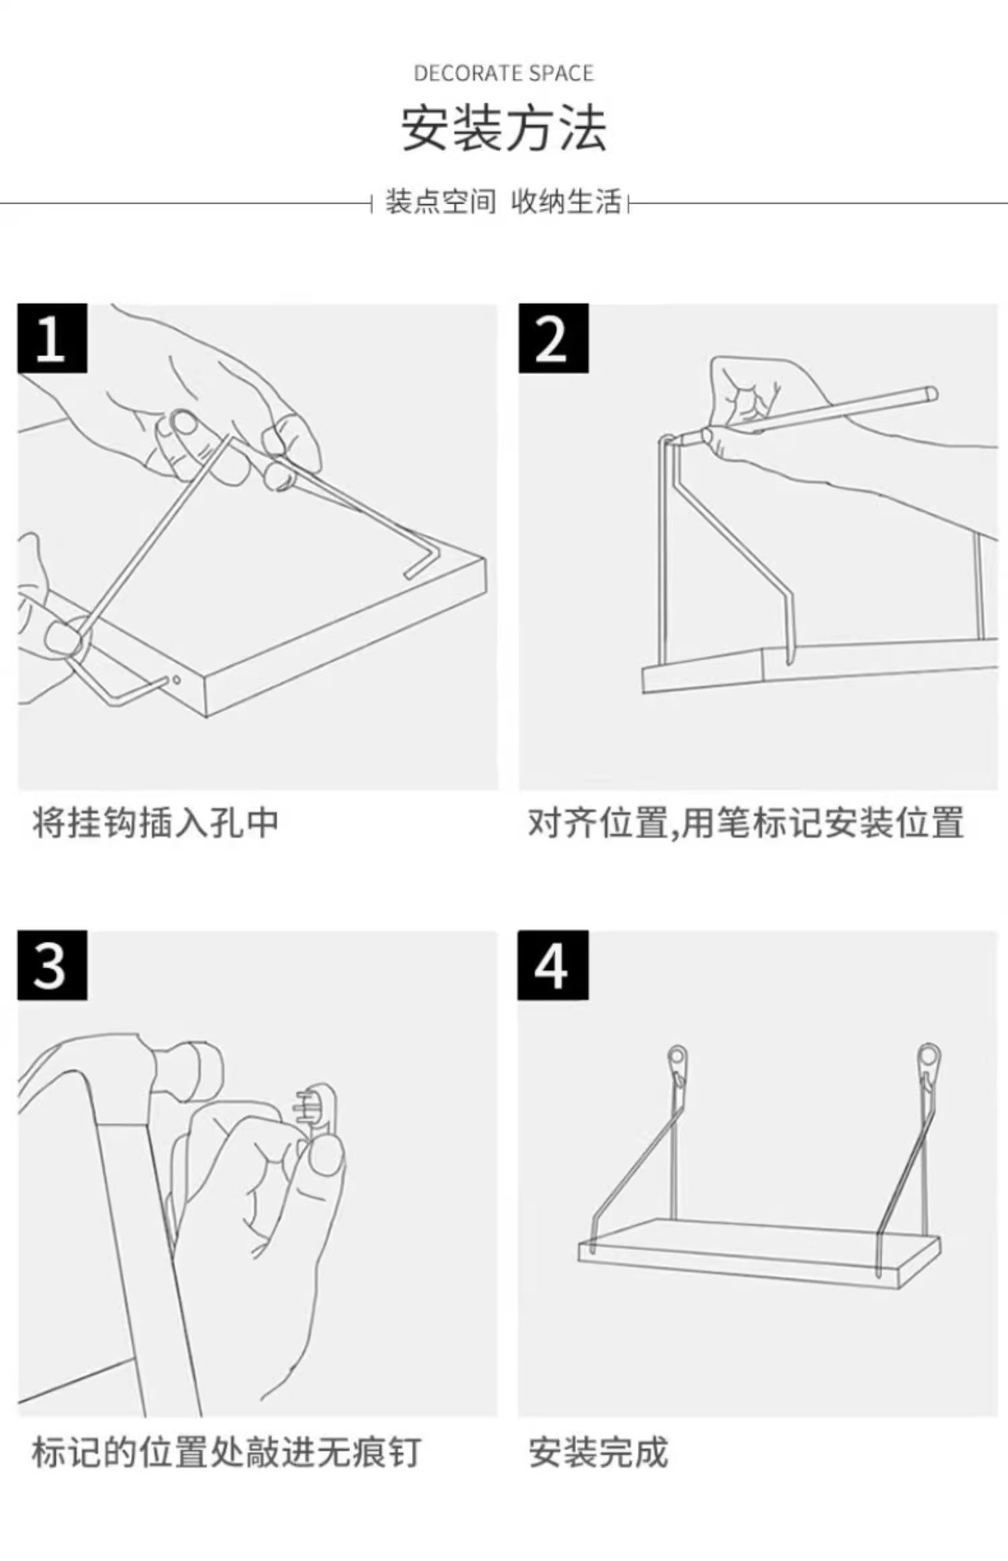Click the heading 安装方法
pos(504,129)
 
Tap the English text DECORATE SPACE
pos(504,74)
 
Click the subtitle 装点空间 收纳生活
pos(503,202)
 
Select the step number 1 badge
pos(52,338)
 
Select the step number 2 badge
pos(553,338)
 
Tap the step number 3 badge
pos(52,966)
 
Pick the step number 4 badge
pos(553,966)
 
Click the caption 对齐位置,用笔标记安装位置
pos(745,823)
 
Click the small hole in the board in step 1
pos(176,680)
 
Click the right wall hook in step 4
pos(928,1060)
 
